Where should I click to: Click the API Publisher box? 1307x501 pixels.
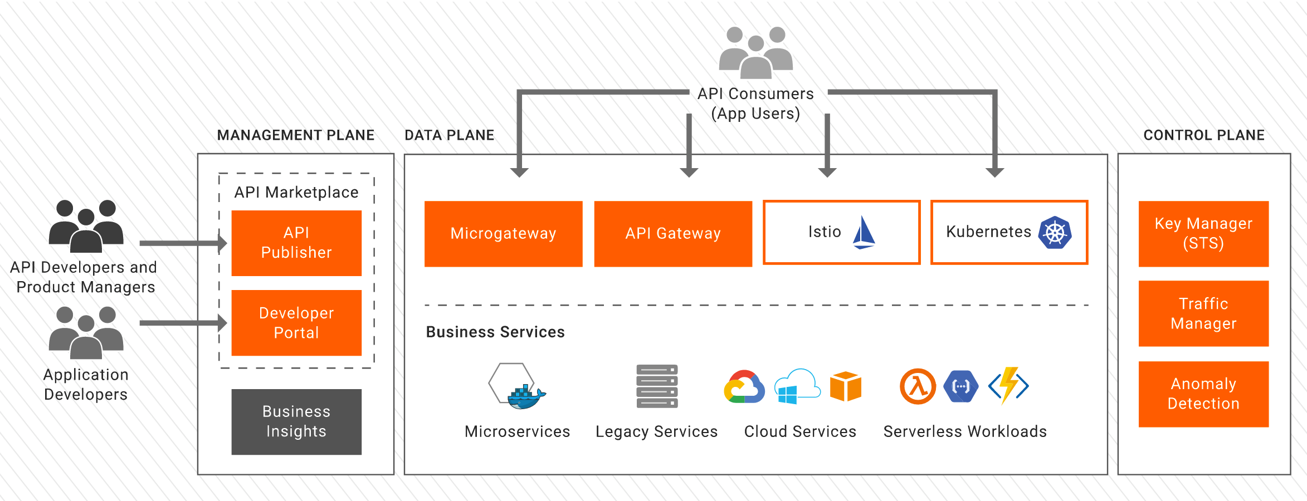tap(296, 243)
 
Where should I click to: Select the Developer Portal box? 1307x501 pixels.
tap(296, 323)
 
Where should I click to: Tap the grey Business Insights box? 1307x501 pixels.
tap(296, 421)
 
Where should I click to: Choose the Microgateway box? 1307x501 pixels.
tap(503, 233)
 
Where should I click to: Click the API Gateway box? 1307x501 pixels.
tap(673, 233)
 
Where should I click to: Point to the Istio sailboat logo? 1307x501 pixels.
tap(864, 232)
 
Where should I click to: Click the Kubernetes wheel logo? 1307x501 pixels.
tap(1055, 232)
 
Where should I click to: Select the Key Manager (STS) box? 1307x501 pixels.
tap(1203, 233)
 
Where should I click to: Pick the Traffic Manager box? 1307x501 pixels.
tap(1203, 313)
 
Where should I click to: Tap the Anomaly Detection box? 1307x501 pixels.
tap(1203, 394)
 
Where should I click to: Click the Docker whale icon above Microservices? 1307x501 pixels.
tap(525, 396)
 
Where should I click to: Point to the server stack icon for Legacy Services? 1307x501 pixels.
tap(657, 386)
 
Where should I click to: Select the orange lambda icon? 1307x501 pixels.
tap(918, 386)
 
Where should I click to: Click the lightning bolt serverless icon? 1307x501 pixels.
tap(1008, 385)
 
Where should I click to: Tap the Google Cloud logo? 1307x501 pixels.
tap(744, 387)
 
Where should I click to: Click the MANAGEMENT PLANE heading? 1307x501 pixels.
tap(295, 135)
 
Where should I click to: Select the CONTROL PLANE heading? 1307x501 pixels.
tap(1203, 135)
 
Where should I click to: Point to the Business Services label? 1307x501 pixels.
tap(495, 332)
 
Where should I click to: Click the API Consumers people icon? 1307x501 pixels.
tap(755, 52)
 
